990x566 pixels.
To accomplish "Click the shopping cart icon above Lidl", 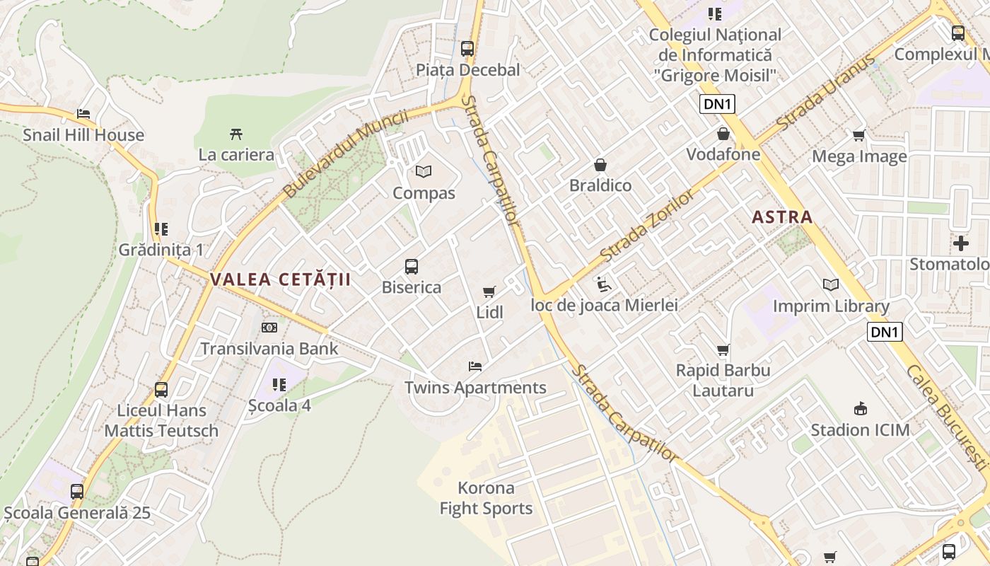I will (x=489, y=291).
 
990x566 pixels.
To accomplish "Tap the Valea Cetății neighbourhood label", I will (x=280, y=279).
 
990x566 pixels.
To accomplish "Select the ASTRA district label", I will (x=782, y=217).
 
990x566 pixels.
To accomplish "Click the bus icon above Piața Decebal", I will (x=467, y=48).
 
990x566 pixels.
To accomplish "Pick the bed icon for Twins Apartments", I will (x=475, y=366).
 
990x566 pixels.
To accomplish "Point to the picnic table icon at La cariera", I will (x=236, y=134).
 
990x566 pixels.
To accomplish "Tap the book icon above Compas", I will (x=424, y=171).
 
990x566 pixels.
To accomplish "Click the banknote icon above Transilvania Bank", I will (x=269, y=328).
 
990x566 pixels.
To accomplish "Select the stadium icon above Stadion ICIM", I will (x=861, y=408).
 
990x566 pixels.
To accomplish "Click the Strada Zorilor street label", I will (x=647, y=225).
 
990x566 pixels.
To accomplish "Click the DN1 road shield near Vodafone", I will (x=718, y=105).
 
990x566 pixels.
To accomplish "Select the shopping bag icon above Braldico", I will (x=600, y=165).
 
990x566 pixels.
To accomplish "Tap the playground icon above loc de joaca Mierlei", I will (x=604, y=284).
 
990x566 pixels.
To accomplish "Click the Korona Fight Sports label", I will (x=487, y=498).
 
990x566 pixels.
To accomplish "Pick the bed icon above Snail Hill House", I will (x=83, y=114).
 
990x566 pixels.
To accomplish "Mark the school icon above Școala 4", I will (x=279, y=385).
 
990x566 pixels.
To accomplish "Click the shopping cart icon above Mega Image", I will (x=859, y=135).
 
